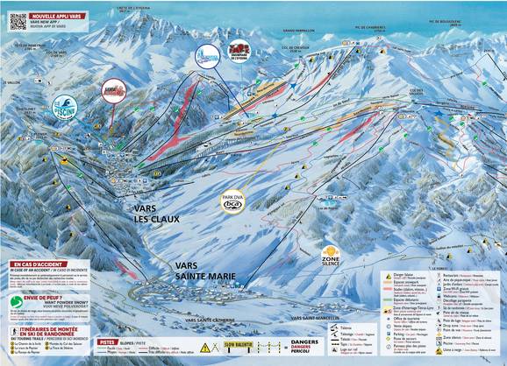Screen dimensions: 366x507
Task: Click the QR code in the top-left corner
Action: [12, 20]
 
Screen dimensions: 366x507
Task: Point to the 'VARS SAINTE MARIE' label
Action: [203, 270]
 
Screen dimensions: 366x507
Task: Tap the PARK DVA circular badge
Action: [232, 201]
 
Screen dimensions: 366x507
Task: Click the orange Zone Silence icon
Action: [331, 256]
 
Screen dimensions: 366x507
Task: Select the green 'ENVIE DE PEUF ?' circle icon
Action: [15, 302]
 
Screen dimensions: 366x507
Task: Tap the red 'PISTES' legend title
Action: [107, 341]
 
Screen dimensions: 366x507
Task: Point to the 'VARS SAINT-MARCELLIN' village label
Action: [317, 317]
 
